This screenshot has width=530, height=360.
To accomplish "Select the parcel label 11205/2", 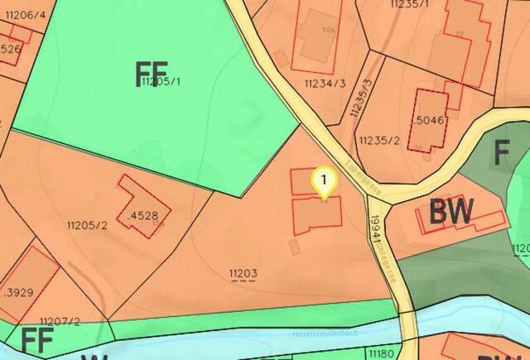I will (87, 225).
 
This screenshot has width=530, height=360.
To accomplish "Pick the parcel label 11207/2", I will (60, 321).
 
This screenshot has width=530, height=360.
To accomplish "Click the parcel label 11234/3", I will (324, 84).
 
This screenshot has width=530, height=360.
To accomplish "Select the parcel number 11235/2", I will (380, 140).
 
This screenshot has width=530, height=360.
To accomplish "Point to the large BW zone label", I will (451, 213).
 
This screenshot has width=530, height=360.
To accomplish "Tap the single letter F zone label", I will (502, 154).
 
